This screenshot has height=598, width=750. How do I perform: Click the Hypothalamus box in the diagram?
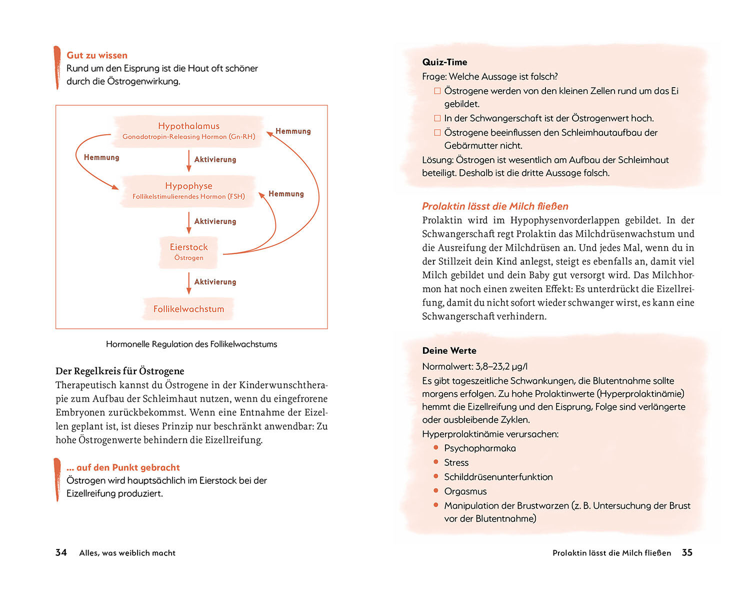(188, 131)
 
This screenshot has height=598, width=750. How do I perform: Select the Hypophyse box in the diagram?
(188, 190)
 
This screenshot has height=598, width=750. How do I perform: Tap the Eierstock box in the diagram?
(188, 252)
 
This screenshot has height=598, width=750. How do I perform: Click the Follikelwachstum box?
(188, 309)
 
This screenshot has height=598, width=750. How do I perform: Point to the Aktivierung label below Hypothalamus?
(215, 160)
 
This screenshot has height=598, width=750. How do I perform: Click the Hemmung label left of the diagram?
(101, 158)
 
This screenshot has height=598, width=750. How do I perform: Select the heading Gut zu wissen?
(97, 56)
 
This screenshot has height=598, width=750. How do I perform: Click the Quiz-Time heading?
(444, 62)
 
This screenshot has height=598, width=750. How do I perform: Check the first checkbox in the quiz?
(437, 91)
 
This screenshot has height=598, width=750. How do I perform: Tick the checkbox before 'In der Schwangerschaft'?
(437, 119)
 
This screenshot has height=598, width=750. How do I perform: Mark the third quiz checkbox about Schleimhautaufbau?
(437, 133)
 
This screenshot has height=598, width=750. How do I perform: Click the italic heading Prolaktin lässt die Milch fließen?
(495, 206)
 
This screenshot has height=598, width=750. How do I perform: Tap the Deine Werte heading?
(449, 351)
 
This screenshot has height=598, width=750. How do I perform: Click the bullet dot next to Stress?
(436, 462)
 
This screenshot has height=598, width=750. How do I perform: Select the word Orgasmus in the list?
(465, 491)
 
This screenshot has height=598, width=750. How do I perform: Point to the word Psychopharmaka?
(479, 448)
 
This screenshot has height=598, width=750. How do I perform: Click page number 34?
(61, 552)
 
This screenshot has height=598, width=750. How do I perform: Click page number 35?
(687, 552)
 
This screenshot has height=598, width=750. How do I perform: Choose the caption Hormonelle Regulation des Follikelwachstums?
(191, 344)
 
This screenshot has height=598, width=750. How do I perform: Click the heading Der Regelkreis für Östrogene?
(120, 371)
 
